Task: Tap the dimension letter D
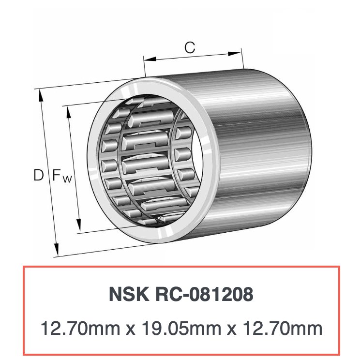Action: [x=38, y=175]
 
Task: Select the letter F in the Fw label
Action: [x=56, y=175]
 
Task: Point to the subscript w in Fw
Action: [x=67, y=179]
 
